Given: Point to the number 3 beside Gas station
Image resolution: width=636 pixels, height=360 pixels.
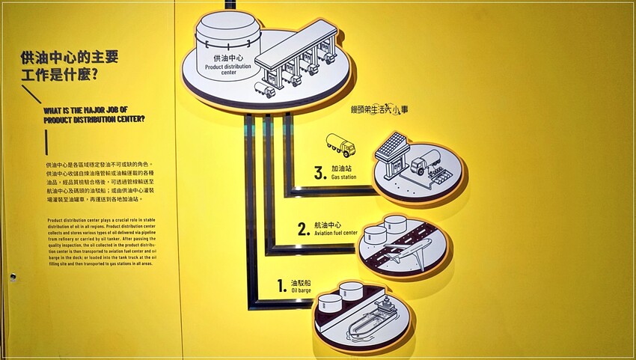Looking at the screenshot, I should pos(319,174).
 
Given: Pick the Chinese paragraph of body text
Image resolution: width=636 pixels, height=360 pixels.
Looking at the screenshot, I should pos(99,182).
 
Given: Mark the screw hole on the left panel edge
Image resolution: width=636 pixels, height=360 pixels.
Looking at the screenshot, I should pos(13,276).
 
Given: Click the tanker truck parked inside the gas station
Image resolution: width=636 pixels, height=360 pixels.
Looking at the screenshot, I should pos(424,163).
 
